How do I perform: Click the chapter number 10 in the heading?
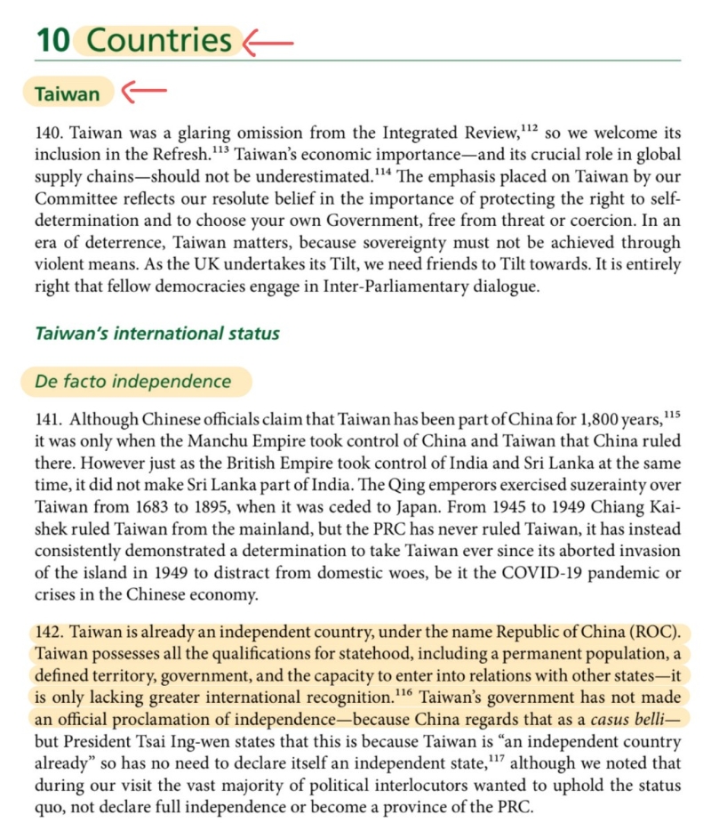tap(52, 40)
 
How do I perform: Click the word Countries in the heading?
tap(160, 40)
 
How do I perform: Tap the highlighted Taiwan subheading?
tap(67, 92)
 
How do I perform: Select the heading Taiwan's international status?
tap(157, 335)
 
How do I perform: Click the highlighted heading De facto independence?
tap(132, 382)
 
